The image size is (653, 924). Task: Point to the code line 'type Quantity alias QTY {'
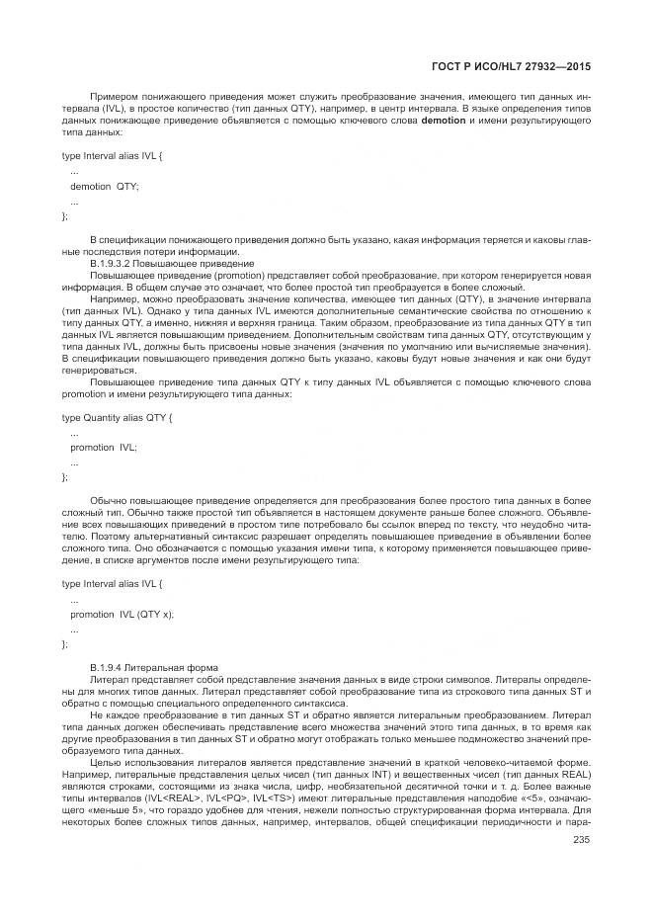118,418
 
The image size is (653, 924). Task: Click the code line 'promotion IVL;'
104,447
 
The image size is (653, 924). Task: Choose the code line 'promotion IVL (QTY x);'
122,614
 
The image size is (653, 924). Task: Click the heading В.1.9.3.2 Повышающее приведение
171,264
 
